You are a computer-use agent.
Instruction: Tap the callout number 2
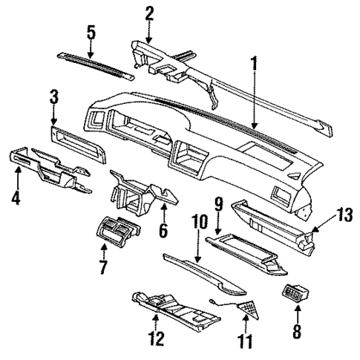click(x=149, y=13)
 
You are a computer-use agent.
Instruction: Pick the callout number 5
click(x=91, y=33)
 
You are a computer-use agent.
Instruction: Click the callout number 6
click(x=163, y=230)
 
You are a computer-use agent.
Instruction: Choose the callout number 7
click(x=103, y=265)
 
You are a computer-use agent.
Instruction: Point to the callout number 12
click(x=156, y=341)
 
